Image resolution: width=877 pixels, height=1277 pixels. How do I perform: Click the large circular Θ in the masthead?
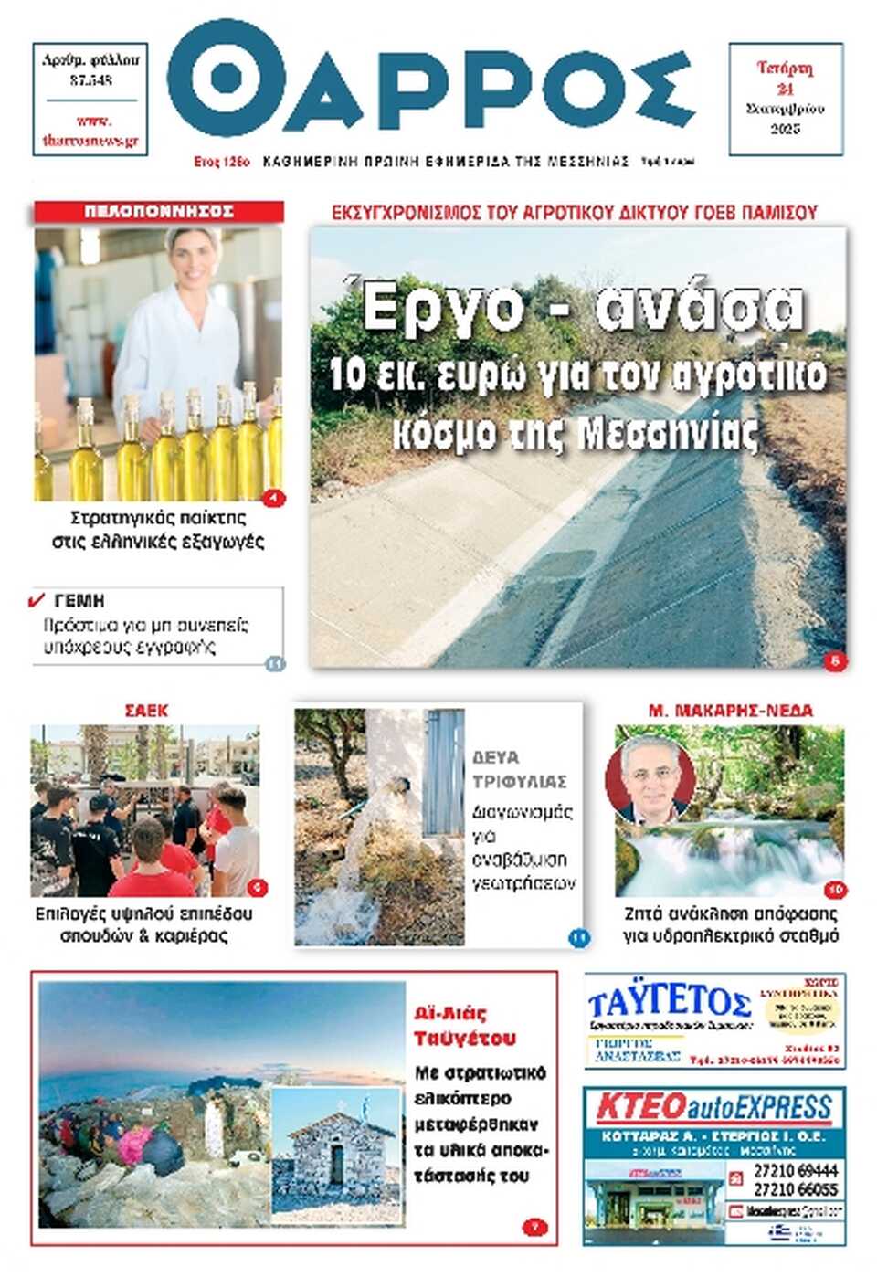click(x=226, y=79)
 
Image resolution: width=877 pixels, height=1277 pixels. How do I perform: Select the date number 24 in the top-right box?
click(x=785, y=89)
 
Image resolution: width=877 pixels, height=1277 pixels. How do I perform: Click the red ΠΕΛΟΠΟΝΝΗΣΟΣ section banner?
click(x=159, y=211)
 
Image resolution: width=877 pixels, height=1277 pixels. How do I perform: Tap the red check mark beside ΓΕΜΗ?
click(x=37, y=600)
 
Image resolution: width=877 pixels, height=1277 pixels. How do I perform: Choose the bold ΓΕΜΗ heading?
click(x=79, y=600)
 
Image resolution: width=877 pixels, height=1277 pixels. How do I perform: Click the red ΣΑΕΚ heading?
click(x=147, y=711)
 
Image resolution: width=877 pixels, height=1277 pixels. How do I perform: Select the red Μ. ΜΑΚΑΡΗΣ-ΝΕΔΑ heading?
click(x=730, y=711)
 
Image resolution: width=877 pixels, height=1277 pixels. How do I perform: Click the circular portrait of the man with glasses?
click(x=649, y=779)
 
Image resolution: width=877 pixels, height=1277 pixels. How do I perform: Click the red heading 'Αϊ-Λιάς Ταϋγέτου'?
click(x=465, y=1026)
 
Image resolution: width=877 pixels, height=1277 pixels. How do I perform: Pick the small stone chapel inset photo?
click(x=336, y=1154)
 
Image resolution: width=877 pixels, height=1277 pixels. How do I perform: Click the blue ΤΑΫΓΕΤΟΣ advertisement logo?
click(x=670, y=1002)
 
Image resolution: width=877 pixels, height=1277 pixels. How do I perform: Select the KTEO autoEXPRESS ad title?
click(x=713, y=1108)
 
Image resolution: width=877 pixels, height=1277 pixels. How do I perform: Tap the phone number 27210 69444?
click(x=795, y=1170)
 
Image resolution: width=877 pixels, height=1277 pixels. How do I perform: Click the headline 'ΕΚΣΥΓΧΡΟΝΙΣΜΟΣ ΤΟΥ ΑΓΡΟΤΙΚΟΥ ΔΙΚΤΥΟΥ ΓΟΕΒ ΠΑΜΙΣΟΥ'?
click(x=575, y=213)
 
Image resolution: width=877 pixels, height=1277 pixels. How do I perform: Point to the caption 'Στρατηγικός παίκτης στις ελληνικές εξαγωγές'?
click(x=158, y=529)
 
